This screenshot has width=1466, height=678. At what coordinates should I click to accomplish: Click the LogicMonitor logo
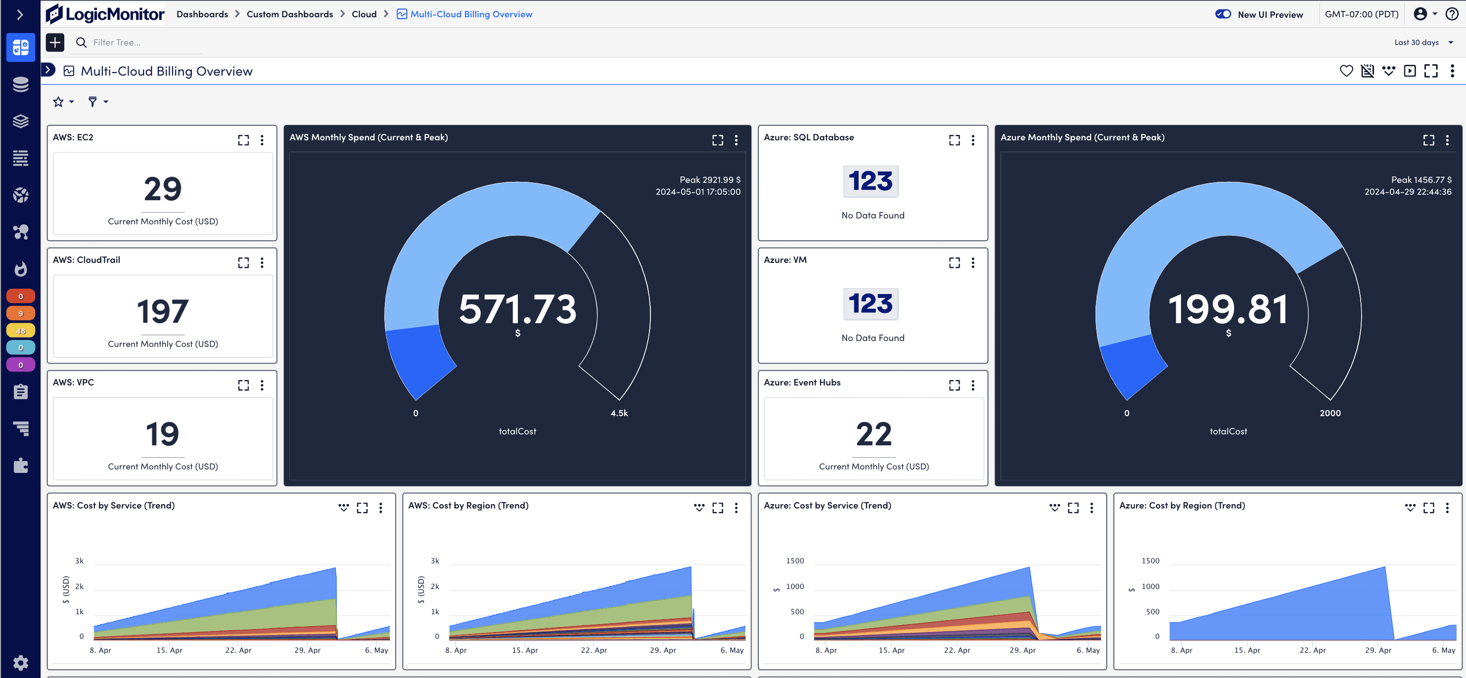[x=105, y=14]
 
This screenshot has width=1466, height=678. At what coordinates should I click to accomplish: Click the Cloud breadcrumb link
[x=364, y=14]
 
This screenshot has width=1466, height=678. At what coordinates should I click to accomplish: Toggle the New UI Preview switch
[x=1223, y=14]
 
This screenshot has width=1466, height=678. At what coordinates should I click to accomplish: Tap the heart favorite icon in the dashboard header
[x=1346, y=71]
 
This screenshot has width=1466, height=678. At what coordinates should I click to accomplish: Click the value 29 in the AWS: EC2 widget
[x=163, y=189]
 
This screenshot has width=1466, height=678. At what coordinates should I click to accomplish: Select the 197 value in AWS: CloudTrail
[x=163, y=311]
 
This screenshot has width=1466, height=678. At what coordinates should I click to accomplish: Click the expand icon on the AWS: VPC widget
[x=243, y=385]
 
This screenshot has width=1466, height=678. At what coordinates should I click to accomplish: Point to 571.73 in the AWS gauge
[x=517, y=309]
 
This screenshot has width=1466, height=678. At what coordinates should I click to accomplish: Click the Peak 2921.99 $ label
[x=710, y=180]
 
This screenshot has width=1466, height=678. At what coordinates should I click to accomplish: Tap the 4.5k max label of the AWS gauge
[x=619, y=413]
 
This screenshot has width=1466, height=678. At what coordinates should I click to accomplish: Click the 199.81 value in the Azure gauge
[x=1228, y=309]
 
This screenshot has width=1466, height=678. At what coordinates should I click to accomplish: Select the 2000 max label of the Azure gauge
[x=1330, y=413]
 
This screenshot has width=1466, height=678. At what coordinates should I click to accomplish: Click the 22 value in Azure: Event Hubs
[x=873, y=434]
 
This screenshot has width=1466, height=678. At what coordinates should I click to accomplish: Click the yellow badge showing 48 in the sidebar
[x=20, y=331]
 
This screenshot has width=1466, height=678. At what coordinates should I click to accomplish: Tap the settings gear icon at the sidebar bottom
[x=20, y=663]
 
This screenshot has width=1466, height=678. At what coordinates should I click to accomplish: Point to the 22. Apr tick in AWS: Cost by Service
[x=238, y=650]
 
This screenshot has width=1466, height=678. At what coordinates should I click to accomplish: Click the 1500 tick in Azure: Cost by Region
[x=1150, y=561]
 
